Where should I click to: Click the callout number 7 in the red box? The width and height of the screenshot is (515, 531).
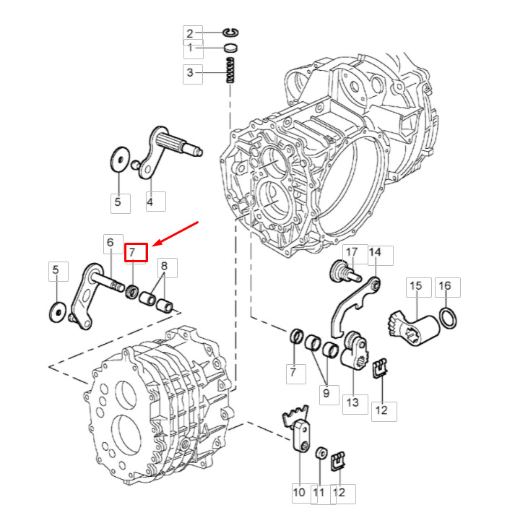pos(131,252)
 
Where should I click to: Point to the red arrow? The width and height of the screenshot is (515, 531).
pos(175,234)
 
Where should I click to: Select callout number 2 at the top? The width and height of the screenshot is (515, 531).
pos(190,33)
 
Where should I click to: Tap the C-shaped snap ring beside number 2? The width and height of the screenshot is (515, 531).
pos(230,33)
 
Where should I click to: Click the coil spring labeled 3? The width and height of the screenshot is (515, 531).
pos(230,70)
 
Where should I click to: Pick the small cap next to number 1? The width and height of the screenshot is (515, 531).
pos(230,48)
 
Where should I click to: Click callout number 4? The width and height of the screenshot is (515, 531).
pos(150,202)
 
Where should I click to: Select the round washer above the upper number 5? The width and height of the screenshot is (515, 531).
pos(120,159)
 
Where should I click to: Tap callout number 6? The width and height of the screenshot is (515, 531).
pos(110,243)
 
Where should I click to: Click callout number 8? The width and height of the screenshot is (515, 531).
pos(164,266)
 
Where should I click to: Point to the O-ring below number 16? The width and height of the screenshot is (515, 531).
pos(448,318)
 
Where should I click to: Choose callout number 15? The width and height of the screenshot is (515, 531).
pos(415,286)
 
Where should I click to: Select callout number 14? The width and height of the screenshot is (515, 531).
pos(374,252)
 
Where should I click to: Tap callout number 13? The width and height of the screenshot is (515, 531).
pos(352,402)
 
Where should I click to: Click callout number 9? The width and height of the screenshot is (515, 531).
pos(326,393)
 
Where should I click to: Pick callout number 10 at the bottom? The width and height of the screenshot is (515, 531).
pos(299,493)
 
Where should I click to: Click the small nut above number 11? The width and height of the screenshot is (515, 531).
pos(321,453)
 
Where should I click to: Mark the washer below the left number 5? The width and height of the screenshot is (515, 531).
pos(58,311)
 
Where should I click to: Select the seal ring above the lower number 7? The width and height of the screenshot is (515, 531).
pos(297,336)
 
